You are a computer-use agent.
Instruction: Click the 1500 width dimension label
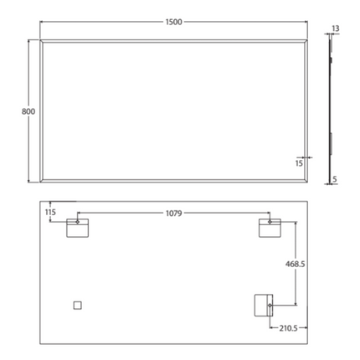(174, 21)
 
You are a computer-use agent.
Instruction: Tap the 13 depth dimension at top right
(336, 28)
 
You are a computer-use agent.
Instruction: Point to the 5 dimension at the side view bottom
(335, 178)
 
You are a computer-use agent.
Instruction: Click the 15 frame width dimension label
(298, 163)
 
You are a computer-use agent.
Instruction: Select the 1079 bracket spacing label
(174, 214)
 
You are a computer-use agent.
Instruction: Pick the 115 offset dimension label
(50, 213)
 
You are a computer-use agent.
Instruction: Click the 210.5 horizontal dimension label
(290, 327)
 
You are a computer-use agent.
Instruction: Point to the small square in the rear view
(78, 305)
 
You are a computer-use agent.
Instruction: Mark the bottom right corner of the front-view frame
(311, 181)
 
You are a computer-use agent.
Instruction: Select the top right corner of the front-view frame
(311, 39)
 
